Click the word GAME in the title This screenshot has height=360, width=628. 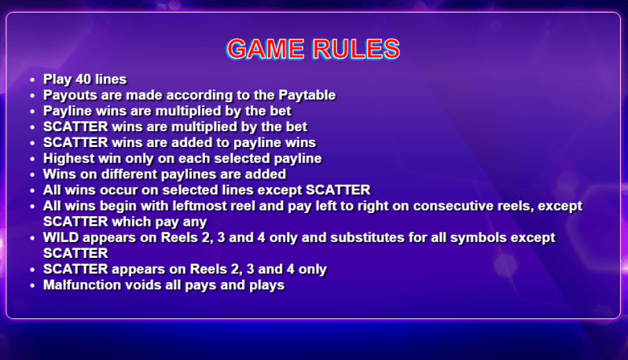(x=266, y=49)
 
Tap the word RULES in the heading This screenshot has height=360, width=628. (x=357, y=49)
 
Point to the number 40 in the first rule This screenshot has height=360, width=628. (x=83, y=79)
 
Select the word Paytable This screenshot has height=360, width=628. (x=307, y=95)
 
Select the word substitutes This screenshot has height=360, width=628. (x=367, y=237)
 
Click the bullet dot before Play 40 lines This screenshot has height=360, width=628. (x=33, y=80)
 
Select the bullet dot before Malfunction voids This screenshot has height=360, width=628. (x=33, y=286)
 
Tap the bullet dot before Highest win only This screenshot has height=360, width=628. (x=33, y=160)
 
